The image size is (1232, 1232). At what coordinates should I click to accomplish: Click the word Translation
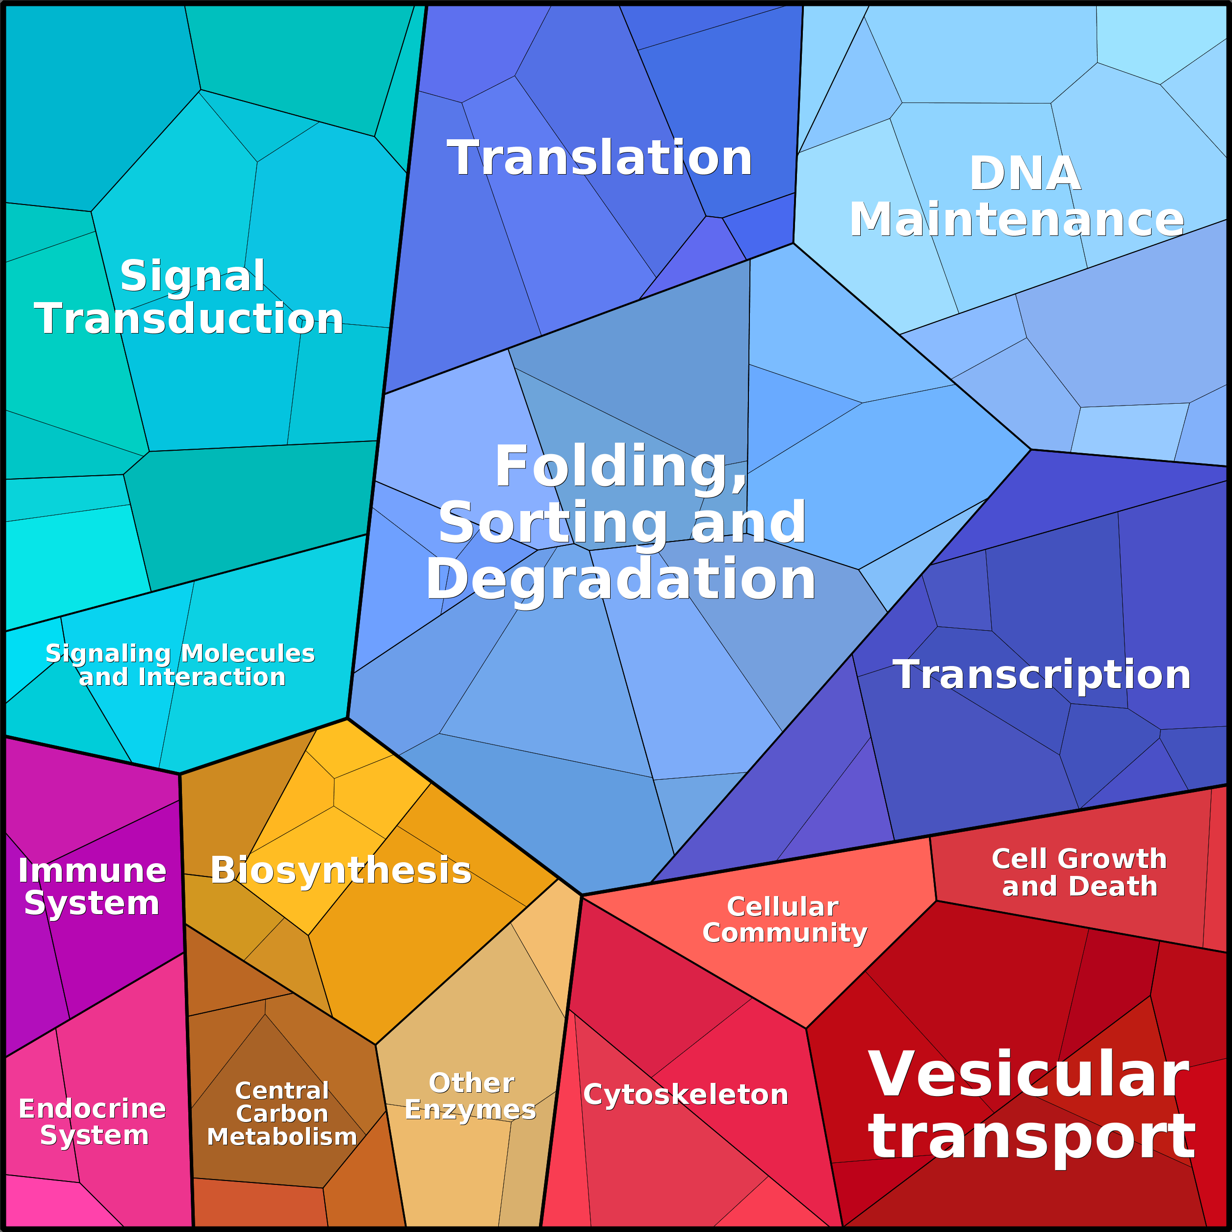(599, 157)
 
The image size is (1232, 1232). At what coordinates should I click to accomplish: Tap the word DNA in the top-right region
(1025, 174)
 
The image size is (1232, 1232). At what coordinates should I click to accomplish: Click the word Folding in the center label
(620, 467)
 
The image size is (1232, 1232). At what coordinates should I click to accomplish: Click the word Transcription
(1041, 675)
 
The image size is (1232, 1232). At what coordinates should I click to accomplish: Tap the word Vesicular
(1028, 1075)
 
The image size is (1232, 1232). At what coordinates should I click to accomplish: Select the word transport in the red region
(1031, 1139)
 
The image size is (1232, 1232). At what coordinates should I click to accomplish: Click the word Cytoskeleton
(686, 1094)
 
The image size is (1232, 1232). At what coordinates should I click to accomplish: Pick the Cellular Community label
(784, 920)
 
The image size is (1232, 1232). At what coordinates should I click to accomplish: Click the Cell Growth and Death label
(1079, 873)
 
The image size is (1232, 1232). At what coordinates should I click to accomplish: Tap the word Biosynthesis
(340, 871)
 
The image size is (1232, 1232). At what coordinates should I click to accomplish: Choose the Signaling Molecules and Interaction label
(180, 665)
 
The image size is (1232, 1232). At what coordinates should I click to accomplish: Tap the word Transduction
(189, 318)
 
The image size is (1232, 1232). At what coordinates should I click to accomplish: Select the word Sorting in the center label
(552, 523)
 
